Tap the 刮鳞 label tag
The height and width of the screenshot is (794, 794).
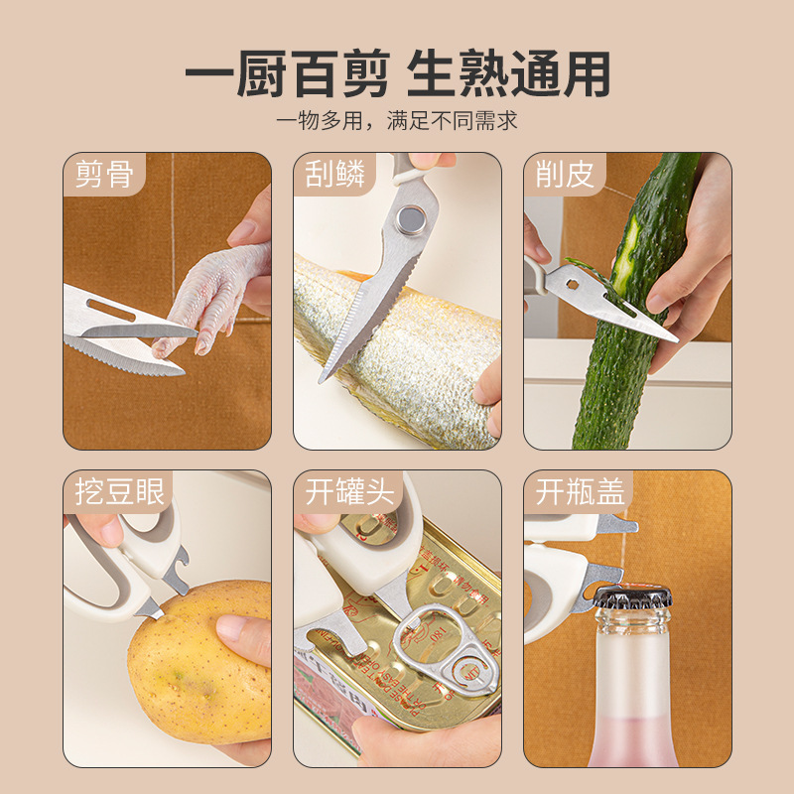click(334, 175)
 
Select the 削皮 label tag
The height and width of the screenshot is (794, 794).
click(565, 175)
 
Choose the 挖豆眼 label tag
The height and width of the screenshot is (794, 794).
click(119, 491)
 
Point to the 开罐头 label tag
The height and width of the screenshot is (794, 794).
click(349, 491)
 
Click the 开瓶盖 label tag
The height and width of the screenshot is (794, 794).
click(580, 491)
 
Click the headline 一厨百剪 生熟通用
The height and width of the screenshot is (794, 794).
click(397, 75)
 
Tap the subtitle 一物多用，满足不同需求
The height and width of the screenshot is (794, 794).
click(397, 122)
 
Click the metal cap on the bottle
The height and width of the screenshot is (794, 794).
click(632, 596)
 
